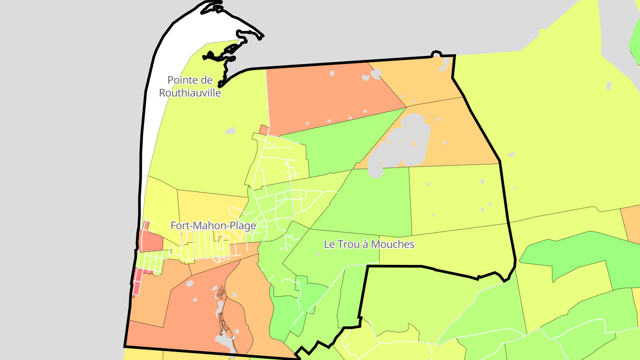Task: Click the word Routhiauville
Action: click(x=190, y=93)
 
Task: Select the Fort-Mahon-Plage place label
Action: click(x=213, y=226)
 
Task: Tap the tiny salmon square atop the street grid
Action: click(x=264, y=130)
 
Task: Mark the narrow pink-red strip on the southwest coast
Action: click(x=137, y=283)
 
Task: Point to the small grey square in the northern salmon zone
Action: click(x=332, y=73)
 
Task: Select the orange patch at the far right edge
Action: click(x=631, y=222)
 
